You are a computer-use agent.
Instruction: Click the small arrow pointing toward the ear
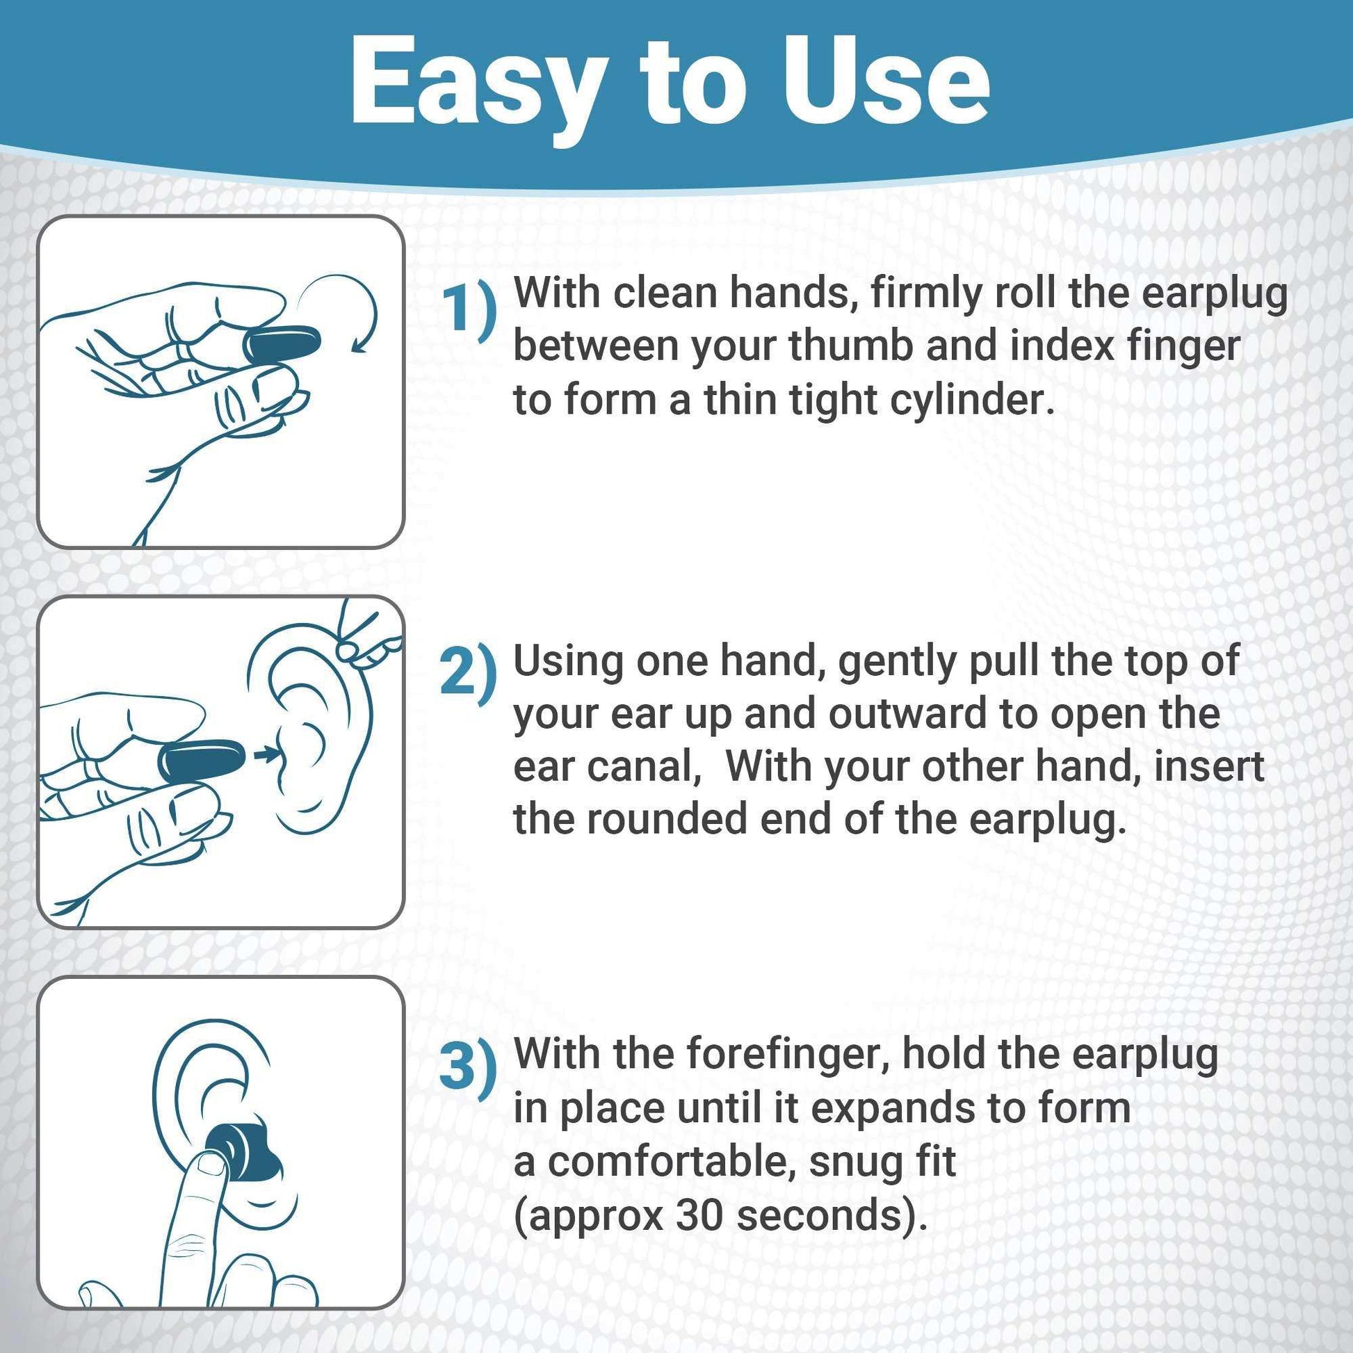(265, 754)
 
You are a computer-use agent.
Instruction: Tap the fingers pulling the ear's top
(368, 641)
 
